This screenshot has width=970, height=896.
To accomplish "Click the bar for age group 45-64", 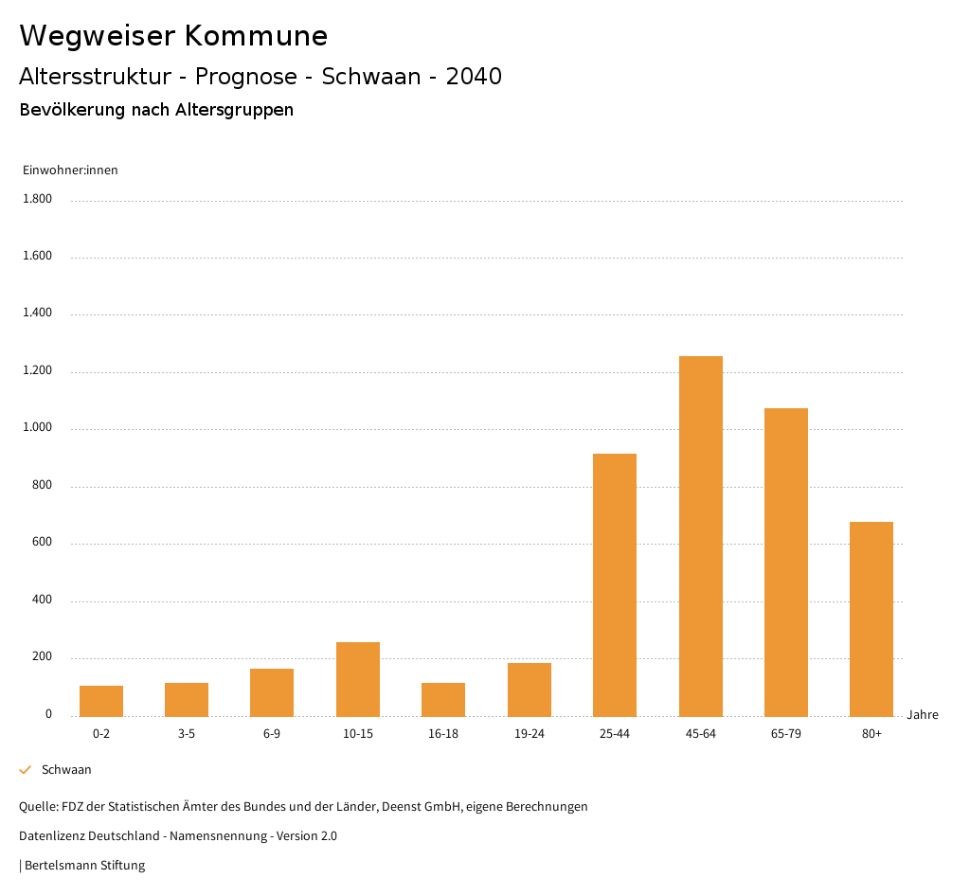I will (x=700, y=536).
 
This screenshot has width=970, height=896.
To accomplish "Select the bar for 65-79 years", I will (x=785, y=562).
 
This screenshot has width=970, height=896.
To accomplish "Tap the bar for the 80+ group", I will (x=871, y=618).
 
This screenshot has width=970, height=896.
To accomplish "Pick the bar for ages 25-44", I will (x=615, y=584).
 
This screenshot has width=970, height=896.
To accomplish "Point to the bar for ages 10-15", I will (x=358, y=679).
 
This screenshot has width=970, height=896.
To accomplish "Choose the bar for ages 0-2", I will (x=101, y=701).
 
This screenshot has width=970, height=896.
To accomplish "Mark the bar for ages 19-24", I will (x=530, y=690).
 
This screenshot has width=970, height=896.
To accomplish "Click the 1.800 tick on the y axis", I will (x=39, y=199).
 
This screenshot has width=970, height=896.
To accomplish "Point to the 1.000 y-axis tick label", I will (x=39, y=428).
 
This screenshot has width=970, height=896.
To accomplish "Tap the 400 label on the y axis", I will (x=43, y=600).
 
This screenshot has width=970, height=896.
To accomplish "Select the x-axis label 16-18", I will (x=443, y=734).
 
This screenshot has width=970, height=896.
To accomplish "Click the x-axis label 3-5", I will (x=187, y=734).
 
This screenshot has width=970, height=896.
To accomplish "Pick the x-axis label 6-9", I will (x=272, y=734).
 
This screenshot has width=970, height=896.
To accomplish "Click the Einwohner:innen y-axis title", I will (x=70, y=170).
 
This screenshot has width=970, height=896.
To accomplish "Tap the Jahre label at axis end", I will (x=922, y=715).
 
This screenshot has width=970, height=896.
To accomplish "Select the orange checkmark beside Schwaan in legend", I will (x=26, y=770).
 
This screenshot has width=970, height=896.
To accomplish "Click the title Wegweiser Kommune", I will (x=173, y=36).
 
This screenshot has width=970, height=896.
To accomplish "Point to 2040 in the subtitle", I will (x=474, y=77).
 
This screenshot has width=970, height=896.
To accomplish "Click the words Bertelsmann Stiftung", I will (x=84, y=866).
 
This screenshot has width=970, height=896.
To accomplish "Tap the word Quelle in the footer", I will (x=37, y=807).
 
